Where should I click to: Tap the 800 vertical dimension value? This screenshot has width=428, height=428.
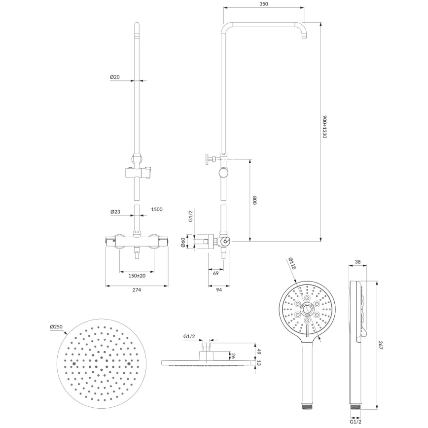pos(254,201)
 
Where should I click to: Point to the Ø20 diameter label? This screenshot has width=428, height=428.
pos(114,77)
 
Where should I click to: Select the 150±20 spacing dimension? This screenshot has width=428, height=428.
pos(137,275)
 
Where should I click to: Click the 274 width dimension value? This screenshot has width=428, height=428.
pos(137,290)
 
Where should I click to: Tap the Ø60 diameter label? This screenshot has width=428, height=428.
pos(182,243)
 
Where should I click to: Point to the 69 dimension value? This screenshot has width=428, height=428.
pos(215,273)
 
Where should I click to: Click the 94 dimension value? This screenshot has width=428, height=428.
pos(219,290)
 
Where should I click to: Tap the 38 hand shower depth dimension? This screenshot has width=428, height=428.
pos(358,262)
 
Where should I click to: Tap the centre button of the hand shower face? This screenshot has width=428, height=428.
pos(307,310)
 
